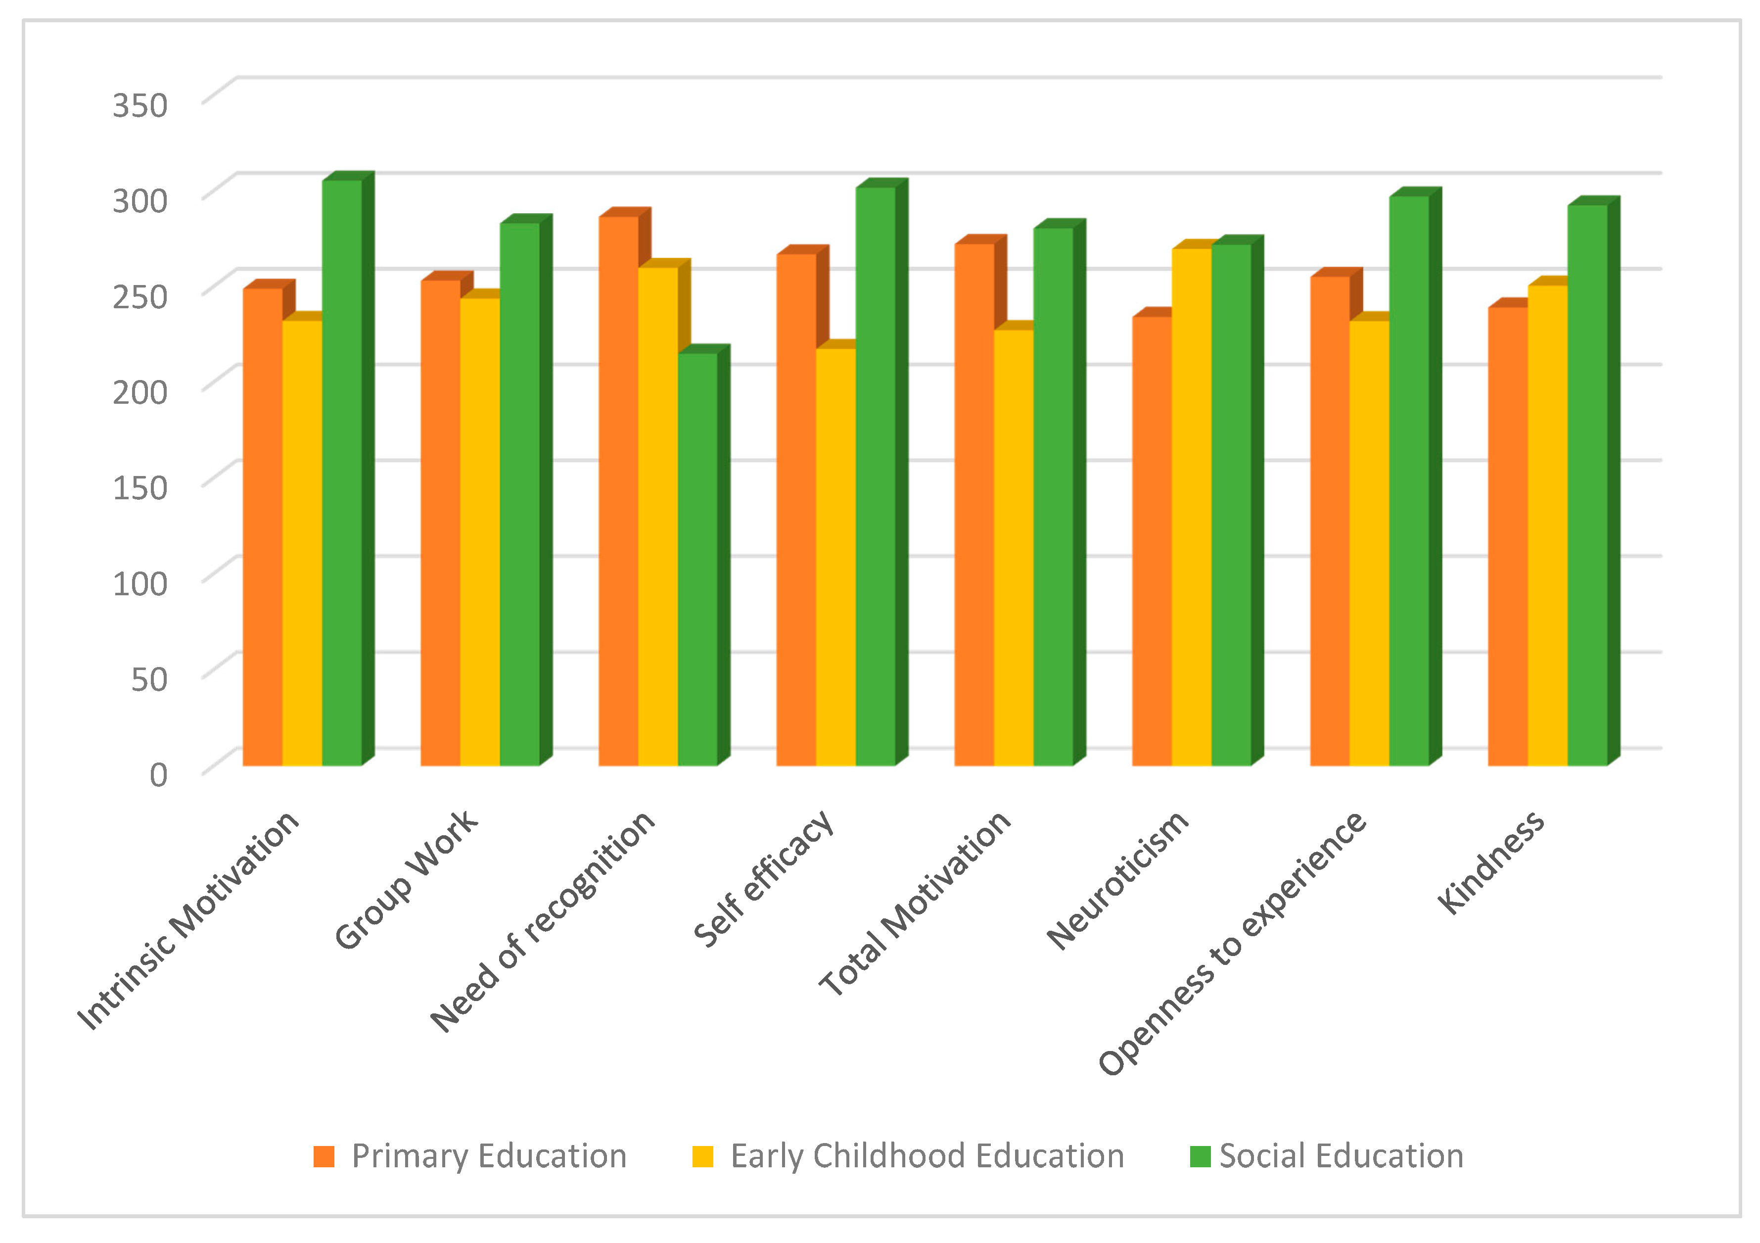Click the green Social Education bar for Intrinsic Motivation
pyautogui.click(x=342, y=476)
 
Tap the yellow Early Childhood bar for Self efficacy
pyautogui.click(x=835, y=556)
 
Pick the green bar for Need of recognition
pyautogui.click(x=697, y=560)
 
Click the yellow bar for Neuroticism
pyautogui.click(x=1191, y=506)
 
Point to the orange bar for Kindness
pyautogui.click(x=1508, y=537)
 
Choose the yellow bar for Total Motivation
pyautogui.click(x=1014, y=548)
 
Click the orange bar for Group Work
pyautogui.click(x=441, y=522)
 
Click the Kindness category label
pyautogui.click(x=1491, y=862)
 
